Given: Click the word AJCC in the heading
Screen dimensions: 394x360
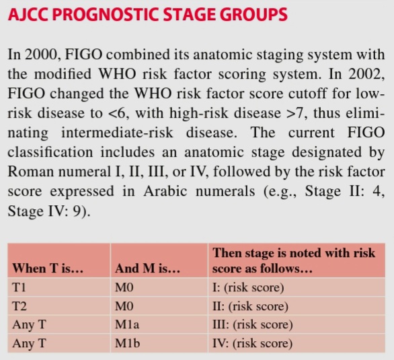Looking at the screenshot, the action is [28, 14].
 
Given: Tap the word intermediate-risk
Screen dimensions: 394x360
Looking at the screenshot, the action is [117, 133].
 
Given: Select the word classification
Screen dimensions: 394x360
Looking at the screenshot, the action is [50, 152].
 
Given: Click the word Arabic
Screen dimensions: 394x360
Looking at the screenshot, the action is [165, 191].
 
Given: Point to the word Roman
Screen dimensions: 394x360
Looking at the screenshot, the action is [31, 172].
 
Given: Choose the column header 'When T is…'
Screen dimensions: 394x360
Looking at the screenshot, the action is [48, 268].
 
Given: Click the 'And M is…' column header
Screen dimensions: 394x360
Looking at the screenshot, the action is [147, 268].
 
